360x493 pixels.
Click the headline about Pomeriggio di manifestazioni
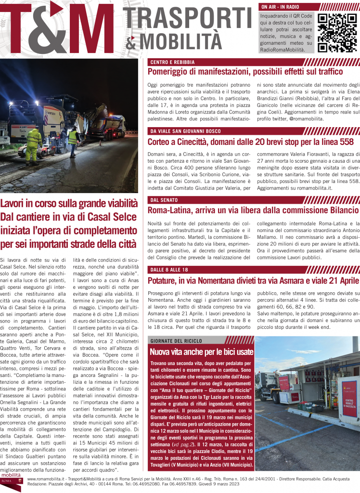pos(245,72)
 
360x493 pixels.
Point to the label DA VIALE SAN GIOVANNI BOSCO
pos(185,131)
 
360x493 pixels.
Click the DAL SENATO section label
pos(164,200)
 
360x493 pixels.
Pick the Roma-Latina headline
pos(253,210)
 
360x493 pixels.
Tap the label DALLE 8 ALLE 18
pos(168,269)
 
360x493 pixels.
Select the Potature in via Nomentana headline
pos(253,280)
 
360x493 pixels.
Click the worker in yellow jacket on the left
pos(34,144)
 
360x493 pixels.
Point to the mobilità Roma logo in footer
pos(12,481)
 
